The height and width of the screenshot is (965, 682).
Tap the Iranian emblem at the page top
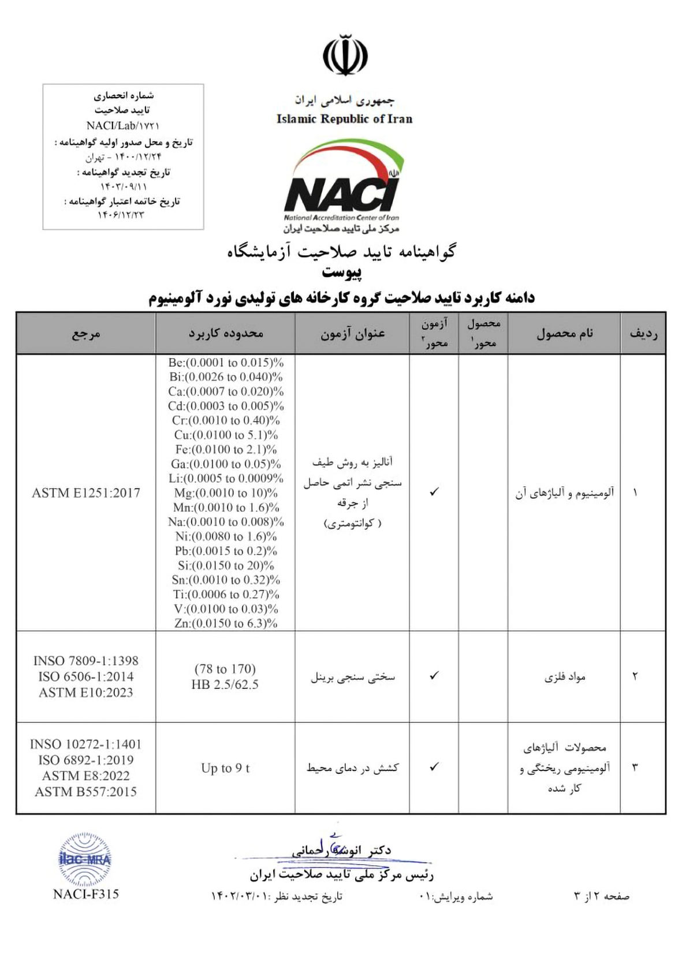click(x=345, y=55)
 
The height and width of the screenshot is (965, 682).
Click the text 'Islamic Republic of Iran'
click(x=344, y=119)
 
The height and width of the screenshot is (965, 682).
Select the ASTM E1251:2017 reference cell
click(x=86, y=493)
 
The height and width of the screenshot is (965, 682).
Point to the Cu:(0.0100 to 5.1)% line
click(x=226, y=435)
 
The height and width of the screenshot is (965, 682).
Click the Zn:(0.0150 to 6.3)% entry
click(x=226, y=623)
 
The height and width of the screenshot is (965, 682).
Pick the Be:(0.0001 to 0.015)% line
click(x=226, y=363)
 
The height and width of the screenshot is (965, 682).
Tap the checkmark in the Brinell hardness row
click(x=434, y=675)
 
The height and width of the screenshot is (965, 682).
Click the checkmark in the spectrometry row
click(x=434, y=492)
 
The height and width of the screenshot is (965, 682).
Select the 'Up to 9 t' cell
click(x=225, y=768)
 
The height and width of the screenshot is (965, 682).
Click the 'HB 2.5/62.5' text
click(x=225, y=685)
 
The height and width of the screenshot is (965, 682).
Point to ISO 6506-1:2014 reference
click(x=86, y=676)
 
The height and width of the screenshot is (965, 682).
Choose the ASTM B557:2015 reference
click(x=86, y=792)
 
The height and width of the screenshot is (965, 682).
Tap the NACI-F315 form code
click(x=85, y=894)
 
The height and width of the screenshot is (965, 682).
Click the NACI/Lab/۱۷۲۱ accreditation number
click(x=123, y=125)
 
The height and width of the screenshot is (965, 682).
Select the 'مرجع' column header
click(x=86, y=333)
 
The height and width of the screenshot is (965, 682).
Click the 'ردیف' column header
click(x=643, y=333)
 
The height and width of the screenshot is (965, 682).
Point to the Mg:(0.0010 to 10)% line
click(x=226, y=493)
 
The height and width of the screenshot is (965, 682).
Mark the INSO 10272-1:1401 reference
click(x=86, y=744)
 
